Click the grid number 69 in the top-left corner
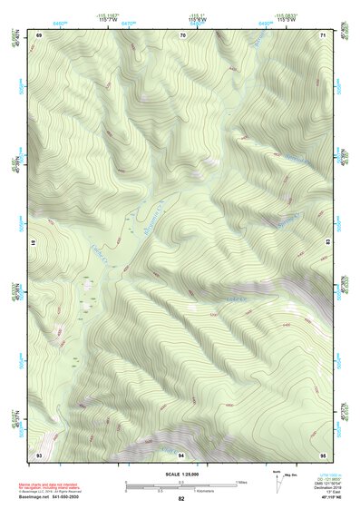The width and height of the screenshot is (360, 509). pyautogui.click(x=39, y=34)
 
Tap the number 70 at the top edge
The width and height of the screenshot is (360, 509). pyautogui.click(x=182, y=34)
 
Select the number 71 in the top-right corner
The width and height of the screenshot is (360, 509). pyautogui.click(x=324, y=34)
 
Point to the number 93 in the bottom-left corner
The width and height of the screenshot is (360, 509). pyautogui.click(x=39, y=454)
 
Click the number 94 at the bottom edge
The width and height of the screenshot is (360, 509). pyautogui.click(x=181, y=454)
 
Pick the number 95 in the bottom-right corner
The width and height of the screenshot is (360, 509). pyautogui.click(x=324, y=454)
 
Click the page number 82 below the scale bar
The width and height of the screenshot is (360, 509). pyautogui.click(x=181, y=499)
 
